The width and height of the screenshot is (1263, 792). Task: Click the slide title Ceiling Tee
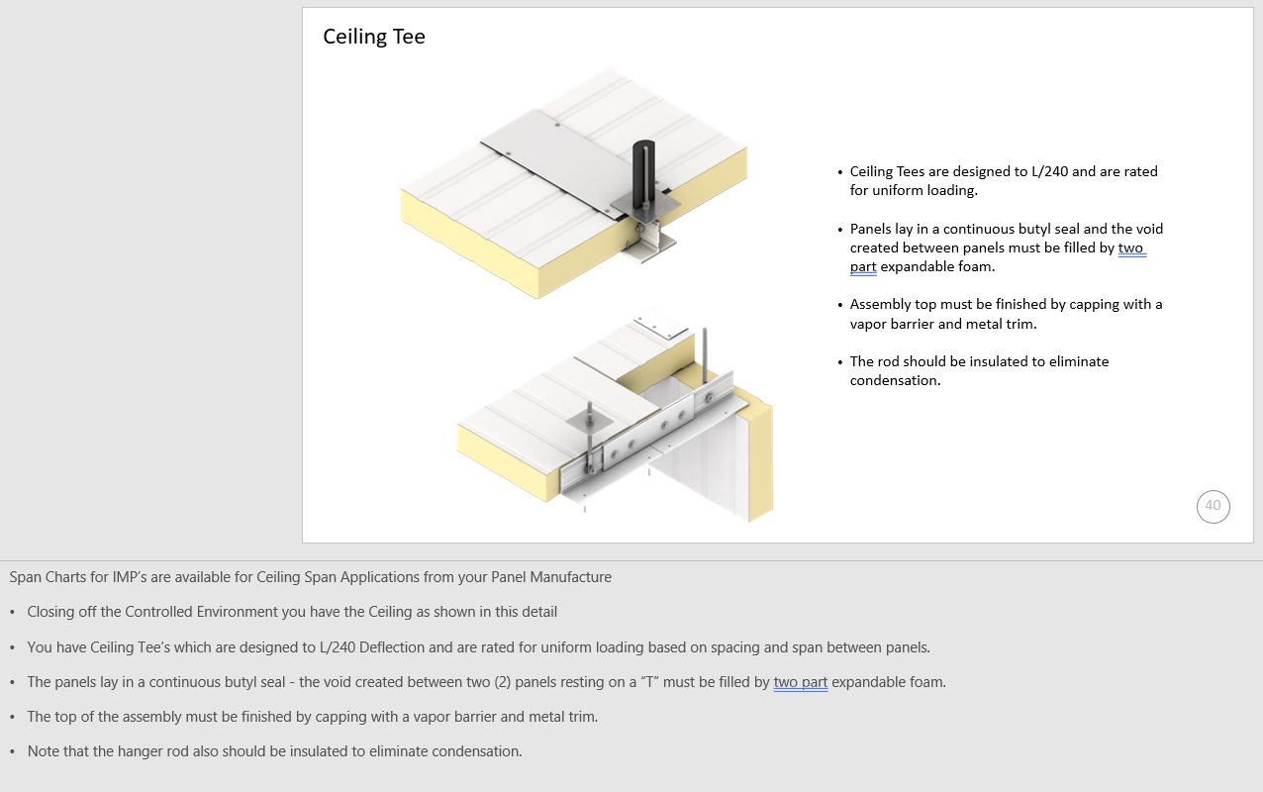pos(373,37)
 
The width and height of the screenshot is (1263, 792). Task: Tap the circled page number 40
pos(1213,506)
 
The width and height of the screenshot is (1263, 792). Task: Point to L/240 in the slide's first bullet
pos(1049,171)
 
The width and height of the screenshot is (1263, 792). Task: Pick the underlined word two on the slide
pos(1131,247)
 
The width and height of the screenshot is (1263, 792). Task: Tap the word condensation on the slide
pos(895,380)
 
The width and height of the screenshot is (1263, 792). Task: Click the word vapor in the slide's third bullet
pos(869,324)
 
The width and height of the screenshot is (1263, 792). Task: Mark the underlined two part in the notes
pos(800,682)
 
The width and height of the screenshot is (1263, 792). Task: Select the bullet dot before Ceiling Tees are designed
pos(840,172)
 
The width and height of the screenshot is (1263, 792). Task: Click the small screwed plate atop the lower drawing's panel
pos(660,325)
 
